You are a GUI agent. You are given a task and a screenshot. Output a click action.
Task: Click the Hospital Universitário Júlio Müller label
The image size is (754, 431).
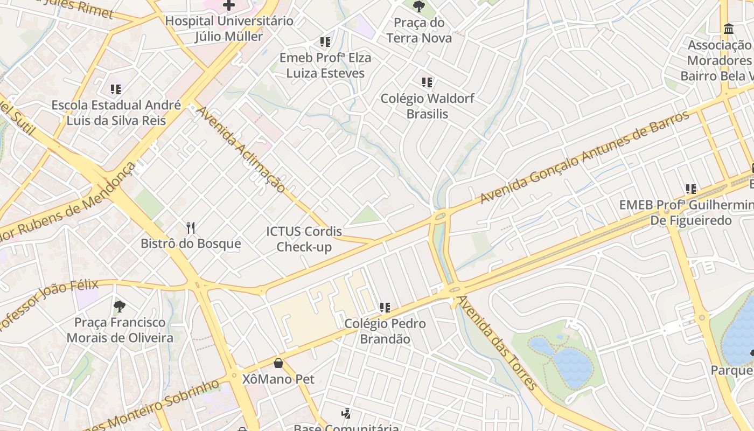pyautogui.click(x=229, y=29)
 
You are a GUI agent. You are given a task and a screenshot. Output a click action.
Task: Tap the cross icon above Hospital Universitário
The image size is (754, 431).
pyautogui.click(x=229, y=5)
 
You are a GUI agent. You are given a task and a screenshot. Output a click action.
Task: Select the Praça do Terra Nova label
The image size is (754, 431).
pyautogui.click(x=419, y=30)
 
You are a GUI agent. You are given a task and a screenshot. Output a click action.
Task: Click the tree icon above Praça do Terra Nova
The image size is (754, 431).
pyautogui.click(x=418, y=6)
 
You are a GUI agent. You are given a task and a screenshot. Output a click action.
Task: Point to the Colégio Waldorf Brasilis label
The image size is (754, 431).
pyautogui.click(x=427, y=106)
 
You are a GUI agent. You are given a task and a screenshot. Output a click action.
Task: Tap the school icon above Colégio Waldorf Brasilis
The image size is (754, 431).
pyautogui.click(x=427, y=82)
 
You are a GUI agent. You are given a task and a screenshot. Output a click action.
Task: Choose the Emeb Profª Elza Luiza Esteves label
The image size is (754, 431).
pyautogui.click(x=325, y=65)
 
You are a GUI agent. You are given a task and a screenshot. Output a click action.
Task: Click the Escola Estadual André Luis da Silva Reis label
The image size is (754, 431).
pyautogui.click(x=116, y=113)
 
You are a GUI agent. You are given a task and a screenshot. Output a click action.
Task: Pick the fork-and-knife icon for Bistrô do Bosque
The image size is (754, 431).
pyautogui.click(x=190, y=228)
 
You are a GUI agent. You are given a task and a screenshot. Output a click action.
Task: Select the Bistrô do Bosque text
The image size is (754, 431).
pyautogui.click(x=191, y=244)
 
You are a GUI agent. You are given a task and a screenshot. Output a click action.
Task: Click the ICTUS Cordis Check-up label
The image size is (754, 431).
pyautogui.click(x=304, y=239)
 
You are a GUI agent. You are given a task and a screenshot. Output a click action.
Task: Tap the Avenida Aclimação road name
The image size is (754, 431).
pyautogui.click(x=241, y=149)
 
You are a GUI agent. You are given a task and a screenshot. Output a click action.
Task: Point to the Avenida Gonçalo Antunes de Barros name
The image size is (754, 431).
pyautogui.click(x=584, y=157)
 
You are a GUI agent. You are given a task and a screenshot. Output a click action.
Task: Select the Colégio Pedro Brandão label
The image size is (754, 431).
pyautogui.click(x=385, y=331)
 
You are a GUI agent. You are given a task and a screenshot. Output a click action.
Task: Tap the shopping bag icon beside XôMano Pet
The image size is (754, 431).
pyautogui.click(x=278, y=363)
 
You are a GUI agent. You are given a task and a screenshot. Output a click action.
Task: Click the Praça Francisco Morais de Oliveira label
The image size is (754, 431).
pyautogui.click(x=120, y=330)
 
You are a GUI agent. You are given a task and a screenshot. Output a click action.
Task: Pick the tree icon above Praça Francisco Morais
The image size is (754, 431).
pyautogui.click(x=120, y=307)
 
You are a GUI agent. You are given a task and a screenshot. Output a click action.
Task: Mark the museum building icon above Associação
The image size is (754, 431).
pyautogui.click(x=729, y=29)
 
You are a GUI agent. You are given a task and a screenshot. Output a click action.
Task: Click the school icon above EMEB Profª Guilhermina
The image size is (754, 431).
pyautogui.click(x=691, y=189)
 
